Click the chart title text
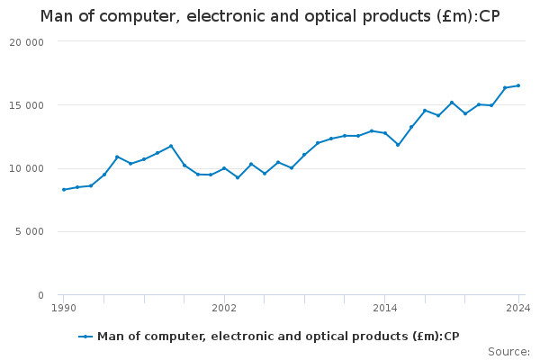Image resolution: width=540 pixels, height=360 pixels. click(x=269, y=16)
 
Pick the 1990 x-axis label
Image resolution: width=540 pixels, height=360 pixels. click(x=63, y=308)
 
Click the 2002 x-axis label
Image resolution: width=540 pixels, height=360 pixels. click(x=224, y=308)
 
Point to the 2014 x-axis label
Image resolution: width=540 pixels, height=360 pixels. click(x=384, y=308)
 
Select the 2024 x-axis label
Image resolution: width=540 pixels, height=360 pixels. click(x=518, y=308)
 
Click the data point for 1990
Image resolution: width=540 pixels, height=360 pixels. click(x=63, y=190)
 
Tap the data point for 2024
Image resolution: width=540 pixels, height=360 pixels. click(x=518, y=85)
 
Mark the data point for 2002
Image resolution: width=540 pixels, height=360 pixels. click(x=224, y=168)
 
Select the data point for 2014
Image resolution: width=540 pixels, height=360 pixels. click(x=384, y=133)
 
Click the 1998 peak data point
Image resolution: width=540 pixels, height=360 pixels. click(x=171, y=146)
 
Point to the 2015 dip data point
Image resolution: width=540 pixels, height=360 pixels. click(x=398, y=145)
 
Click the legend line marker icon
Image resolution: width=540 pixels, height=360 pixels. click(x=85, y=337)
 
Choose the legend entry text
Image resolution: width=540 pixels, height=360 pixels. click(x=278, y=337)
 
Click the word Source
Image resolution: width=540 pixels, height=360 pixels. click(x=508, y=352)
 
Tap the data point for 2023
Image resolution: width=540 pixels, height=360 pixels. click(x=505, y=87)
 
